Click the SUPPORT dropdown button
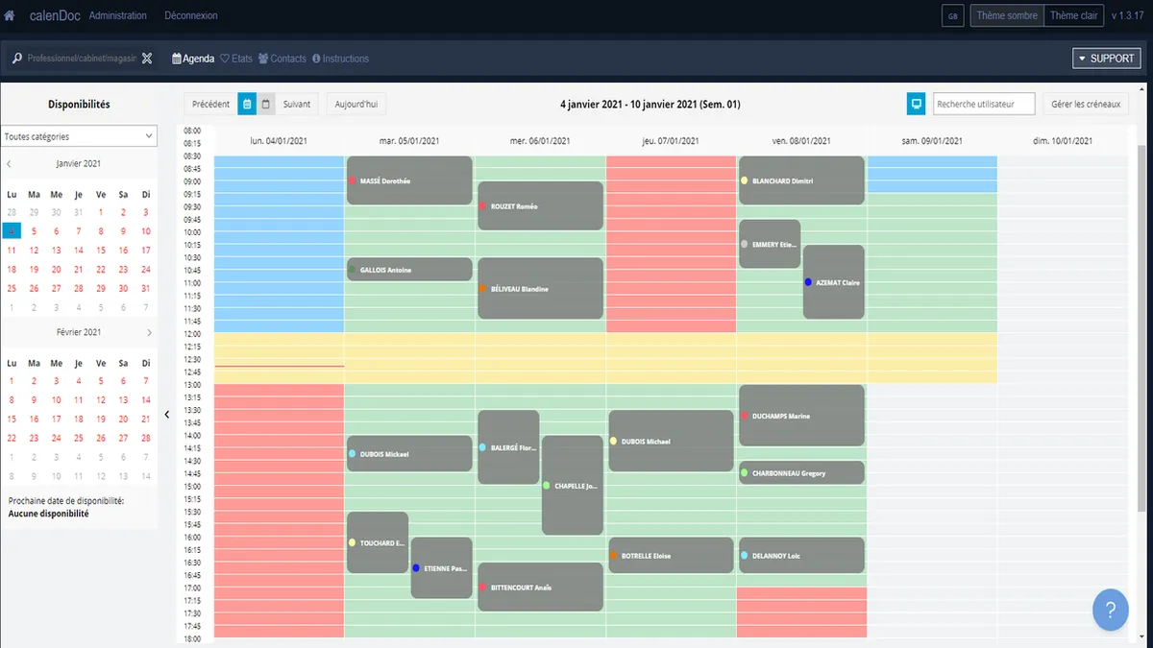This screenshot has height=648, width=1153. pyautogui.click(x=1106, y=59)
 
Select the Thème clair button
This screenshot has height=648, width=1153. pyautogui.click(x=1073, y=15)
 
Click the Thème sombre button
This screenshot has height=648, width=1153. pyautogui.click(x=1007, y=15)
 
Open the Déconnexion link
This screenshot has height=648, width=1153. pyautogui.click(x=191, y=15)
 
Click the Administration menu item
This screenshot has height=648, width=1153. pyautogui.click(x=118, y=15)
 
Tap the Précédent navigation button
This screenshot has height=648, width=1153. pyautogui.click(x=210, y=104)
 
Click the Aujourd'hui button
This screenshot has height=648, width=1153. pyautogui.click(x=356, y=104)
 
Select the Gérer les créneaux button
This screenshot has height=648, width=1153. pyautogui.click(x=1086, y=104)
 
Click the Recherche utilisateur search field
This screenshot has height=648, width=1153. pyautogui.click(x=984, y=104)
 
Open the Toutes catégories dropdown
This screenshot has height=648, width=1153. pyautogui.click(x=79, y=136)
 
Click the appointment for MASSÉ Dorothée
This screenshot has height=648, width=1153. pyautogui.click(x=409, y=180)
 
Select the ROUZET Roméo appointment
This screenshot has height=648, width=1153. pyautogui.click(x=540, y=205)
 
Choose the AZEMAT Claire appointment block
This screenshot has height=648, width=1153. pyautogui.click(x=834, y=282)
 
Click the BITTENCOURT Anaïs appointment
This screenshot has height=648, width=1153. pyautogui.click(x=540, y=587)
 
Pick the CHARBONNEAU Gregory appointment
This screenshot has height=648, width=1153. pyautogui.click(x=801, y=473)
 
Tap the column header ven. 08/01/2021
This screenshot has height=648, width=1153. pyautogui.click(x=801, y=141)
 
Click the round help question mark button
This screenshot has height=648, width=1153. pyautogui.click(x=1110, y=610)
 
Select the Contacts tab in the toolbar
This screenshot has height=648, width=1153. pyautogui.click(x=282, y=59)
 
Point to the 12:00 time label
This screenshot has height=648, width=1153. pyautogui.click(x=191, y=333)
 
